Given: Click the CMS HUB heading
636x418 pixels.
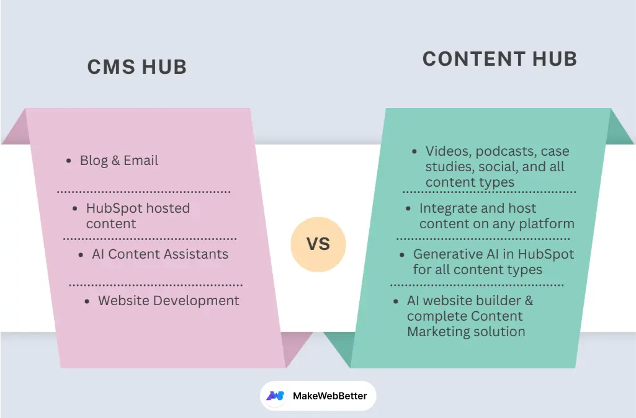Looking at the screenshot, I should tap(137, 67).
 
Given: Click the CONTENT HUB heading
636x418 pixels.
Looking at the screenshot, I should tap(499, 59).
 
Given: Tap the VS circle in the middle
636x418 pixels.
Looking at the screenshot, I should tap(318, 244).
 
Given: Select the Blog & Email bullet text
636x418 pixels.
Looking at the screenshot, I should tap(119, 161).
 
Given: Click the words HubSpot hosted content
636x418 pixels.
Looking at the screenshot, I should tap(138, 216).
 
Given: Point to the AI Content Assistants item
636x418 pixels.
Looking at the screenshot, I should tap(159, 254).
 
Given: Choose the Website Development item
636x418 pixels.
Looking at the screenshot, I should tap(168, 301).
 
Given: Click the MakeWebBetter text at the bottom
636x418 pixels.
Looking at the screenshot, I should tap(329, 396).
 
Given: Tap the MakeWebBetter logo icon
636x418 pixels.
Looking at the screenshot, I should tap(275, 396).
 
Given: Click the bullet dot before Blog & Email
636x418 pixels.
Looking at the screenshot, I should tap(69, 161).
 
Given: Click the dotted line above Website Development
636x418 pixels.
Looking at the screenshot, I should tap(155, 285).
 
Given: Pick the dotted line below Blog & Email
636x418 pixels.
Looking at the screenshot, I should tap(143, 192).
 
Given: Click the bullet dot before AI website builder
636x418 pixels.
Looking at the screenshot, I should tap(396, 301).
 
